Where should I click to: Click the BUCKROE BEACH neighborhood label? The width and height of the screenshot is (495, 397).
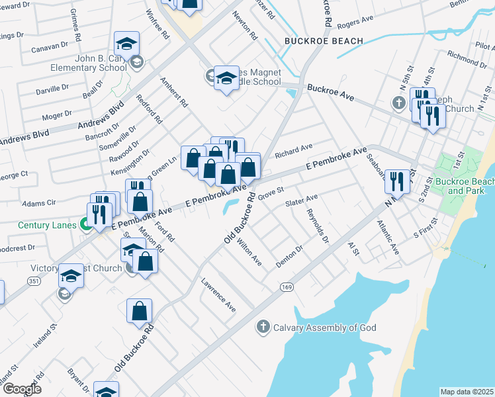tap(324, 41)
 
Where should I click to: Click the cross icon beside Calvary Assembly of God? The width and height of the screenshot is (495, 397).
tap(263, 327)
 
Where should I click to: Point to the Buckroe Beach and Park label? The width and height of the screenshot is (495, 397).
tap(471, 186)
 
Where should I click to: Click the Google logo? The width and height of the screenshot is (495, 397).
tap(21, 388)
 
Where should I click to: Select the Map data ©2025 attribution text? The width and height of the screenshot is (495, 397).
tap(467, 392)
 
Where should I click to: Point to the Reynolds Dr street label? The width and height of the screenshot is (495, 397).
tap(318, 226)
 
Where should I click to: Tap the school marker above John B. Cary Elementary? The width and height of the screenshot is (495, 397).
tap(126, 45)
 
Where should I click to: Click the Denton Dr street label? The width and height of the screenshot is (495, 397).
tap(289, 255)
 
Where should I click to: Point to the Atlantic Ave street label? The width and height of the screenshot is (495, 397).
tap(388, 238)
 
